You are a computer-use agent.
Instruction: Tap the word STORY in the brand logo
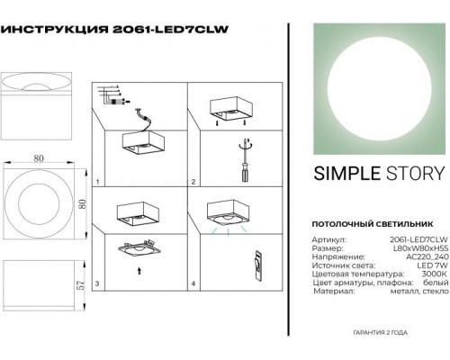414,175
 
